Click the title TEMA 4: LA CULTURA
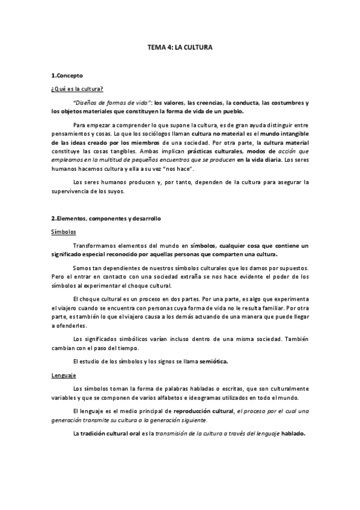point(180,46)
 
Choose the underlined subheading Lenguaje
point(63,375)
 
